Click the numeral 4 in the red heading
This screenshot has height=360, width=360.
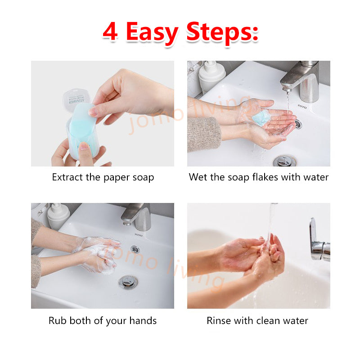110,31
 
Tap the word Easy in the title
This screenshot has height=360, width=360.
152,33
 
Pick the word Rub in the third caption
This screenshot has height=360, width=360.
58,320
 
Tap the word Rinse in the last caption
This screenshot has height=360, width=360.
219,320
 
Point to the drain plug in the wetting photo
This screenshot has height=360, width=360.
284,161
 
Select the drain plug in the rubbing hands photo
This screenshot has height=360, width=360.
128,283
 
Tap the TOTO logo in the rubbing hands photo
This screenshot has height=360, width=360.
139,235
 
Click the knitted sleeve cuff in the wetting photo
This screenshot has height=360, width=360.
204,134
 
